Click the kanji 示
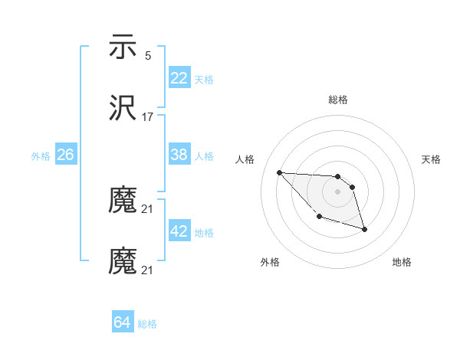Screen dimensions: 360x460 [x=123, y=47]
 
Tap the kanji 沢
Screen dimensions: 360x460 [x=123, y=110]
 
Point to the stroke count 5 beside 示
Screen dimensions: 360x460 [x=148, y=55]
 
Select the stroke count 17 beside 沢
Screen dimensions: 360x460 [x=148, y=117]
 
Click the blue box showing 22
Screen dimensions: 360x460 [x=179, y=78]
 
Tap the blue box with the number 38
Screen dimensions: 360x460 [x=179, y=155]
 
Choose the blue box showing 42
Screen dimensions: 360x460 [x=179, y=231]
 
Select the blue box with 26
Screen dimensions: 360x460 [x=65, y=155]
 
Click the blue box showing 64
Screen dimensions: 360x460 [x=122, y=322]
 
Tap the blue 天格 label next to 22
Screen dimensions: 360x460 [x=204, y=79]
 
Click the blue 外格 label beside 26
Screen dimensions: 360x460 [x=41, y=155]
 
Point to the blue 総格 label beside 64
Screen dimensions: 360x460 [x=147, y=323]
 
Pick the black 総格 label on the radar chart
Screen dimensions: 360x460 [x=338, y=100]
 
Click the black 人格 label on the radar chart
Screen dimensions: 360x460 [x=246, y=159]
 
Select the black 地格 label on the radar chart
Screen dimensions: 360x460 [x=402, y=262]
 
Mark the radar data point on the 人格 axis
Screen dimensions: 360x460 [x=279, y=172]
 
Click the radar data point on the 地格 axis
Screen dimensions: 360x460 [x=364, y=228]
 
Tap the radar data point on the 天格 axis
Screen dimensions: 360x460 [x=352, y=187]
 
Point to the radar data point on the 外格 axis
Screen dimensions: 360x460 [x=319, y=217]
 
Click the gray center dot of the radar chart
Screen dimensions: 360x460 [x=337, y=191]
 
